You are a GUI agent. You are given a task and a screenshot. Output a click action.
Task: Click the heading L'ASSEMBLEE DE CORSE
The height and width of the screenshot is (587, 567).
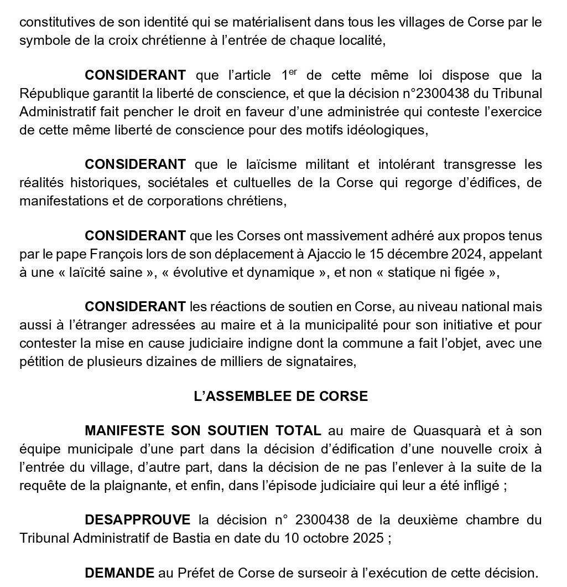click(x=280, y=396)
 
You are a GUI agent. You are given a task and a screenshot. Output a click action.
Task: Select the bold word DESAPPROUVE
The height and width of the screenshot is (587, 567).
click(x=137, y=520)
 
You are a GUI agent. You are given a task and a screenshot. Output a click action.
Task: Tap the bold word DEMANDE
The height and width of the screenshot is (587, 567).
click(x=119, y=573)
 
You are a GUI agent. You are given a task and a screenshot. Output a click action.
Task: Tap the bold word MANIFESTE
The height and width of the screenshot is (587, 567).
click(x=126, y=430)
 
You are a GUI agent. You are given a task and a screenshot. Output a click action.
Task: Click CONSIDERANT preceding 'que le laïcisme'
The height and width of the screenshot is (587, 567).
click(x=135, y=164)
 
